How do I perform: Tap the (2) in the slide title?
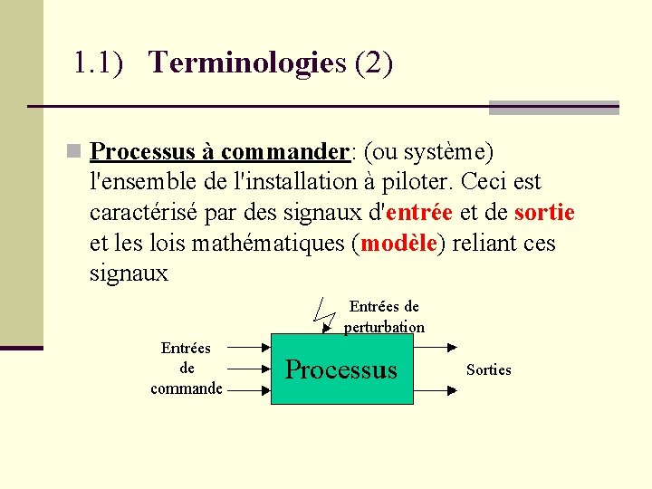click(374, 63)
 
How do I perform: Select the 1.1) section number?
click(98, 63)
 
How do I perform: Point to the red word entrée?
click(419, 213)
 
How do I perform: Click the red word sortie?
click(544, 213)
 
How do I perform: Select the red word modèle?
click(399, 244)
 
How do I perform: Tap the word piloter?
click(419, 182)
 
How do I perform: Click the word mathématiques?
click(271, 244)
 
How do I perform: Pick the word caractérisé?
click(149, 213)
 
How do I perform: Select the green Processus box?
click(341, 369)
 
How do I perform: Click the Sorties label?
click(488, 369)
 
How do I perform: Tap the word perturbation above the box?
click(384, 327)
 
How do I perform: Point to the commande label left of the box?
click(187, 388)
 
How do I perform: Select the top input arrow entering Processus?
click(248, 346)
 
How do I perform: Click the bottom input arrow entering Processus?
click(248, 391)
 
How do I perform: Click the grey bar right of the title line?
click(553, 108)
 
